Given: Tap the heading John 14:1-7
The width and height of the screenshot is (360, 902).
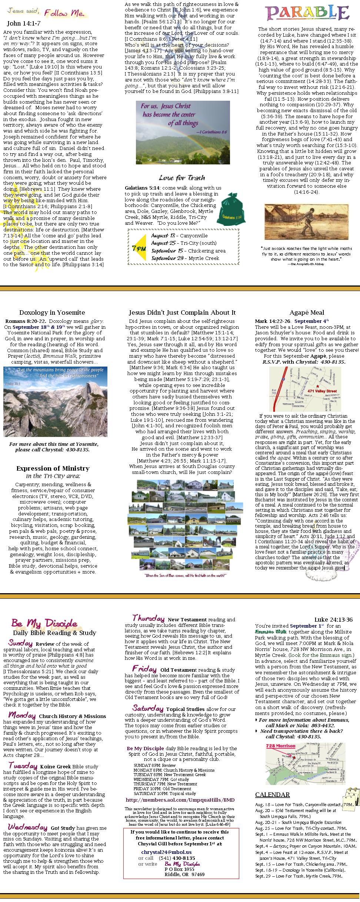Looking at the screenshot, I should pos(24,23).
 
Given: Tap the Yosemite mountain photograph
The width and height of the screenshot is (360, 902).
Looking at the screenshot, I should pos(55,401).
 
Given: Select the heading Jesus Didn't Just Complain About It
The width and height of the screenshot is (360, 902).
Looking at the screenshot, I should pos(182,313).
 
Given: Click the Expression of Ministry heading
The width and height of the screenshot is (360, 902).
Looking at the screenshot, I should pos(53,468).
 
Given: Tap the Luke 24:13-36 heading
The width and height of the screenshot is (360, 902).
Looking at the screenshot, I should pos(333,620).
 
